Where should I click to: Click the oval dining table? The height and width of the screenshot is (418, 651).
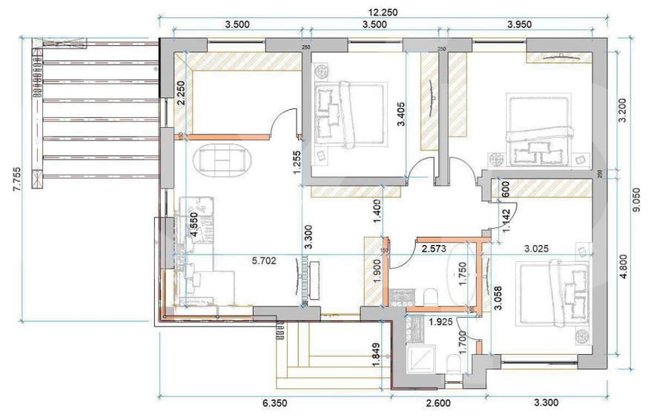tap(223, 159)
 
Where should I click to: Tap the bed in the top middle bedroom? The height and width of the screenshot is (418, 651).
tap(349, 115)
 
